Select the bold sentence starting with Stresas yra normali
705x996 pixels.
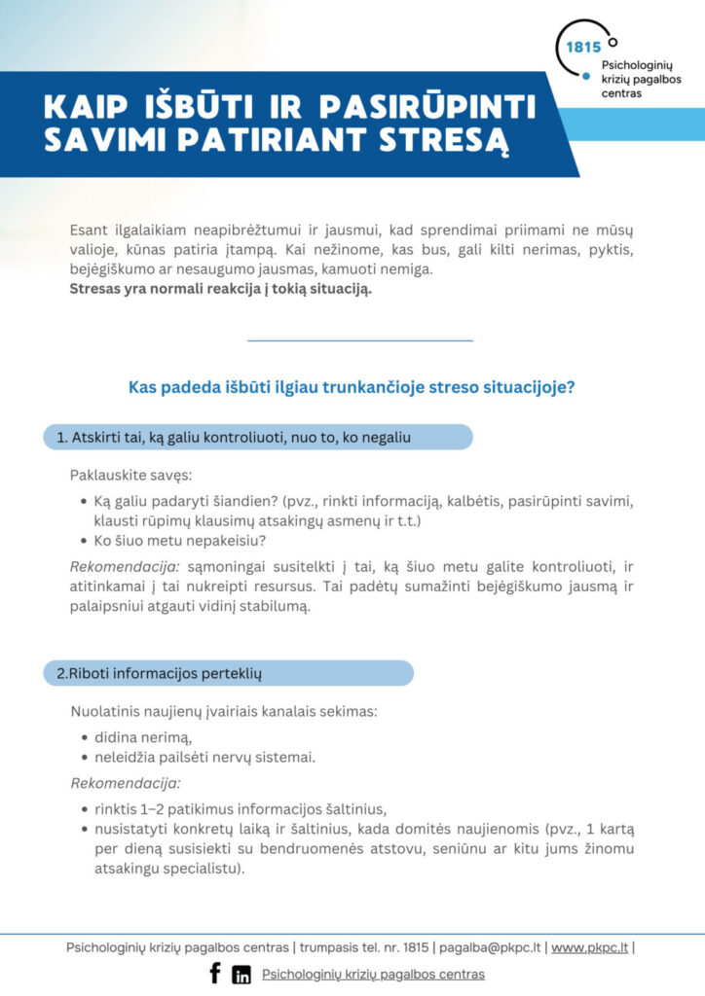click(221, 289)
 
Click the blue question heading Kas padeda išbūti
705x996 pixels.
click(352, 387)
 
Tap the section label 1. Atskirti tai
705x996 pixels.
click(241, 438)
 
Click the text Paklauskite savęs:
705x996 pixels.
click(130, 475)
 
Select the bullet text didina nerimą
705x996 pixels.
click(136, 736)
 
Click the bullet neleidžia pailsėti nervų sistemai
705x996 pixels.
click(204, 756)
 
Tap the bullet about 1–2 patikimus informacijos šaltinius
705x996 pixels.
click(241, 808)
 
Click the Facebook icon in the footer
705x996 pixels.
click(215, 973)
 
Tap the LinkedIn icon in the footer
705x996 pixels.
click(241, 975)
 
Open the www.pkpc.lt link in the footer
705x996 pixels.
click(589, 946)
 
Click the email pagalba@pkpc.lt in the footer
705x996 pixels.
click(491, 946)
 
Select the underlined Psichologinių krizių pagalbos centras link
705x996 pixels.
click(373, 974)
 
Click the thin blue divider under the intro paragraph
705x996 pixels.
click(360, 340)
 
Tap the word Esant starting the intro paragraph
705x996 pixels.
click(90, 231)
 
